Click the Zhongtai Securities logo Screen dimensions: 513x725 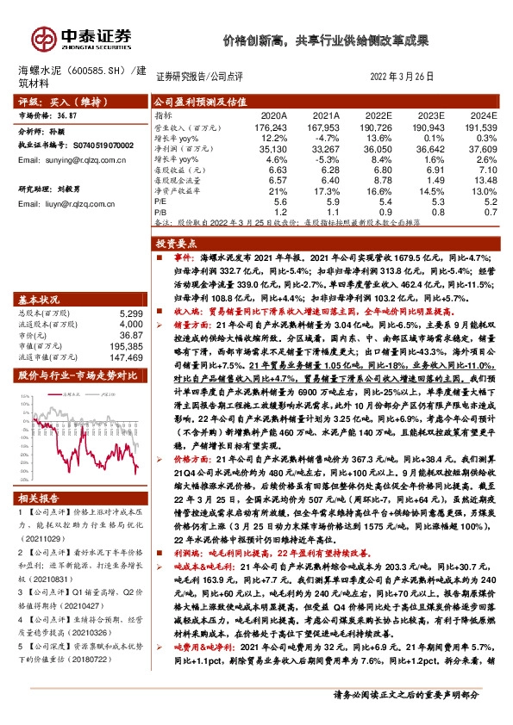point(82,37)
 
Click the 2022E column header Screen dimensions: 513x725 point(378,115)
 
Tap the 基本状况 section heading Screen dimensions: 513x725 point(40,299)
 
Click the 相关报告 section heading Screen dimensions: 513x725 point(40,499)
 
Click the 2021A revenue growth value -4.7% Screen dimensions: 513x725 point(327,137)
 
